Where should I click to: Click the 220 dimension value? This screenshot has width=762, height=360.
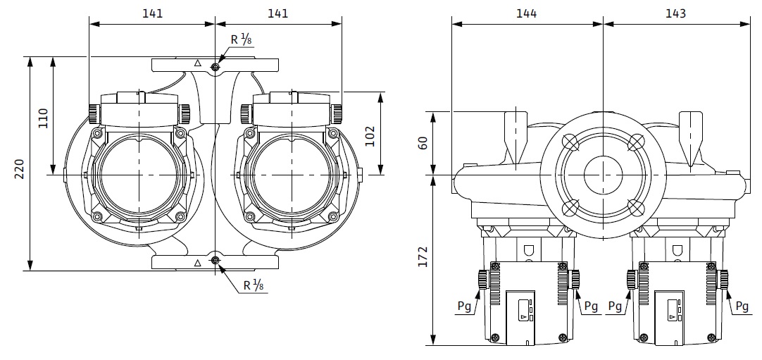tap(20, 169)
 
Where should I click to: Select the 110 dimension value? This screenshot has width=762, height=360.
tap(43, 117)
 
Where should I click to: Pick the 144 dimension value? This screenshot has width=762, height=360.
tap(526, 13)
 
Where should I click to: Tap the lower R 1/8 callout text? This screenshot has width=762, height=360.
tap(253, 285)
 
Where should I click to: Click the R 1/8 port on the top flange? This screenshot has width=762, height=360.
tap(215, 66)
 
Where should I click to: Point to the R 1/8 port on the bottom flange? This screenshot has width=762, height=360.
tap(215, 262)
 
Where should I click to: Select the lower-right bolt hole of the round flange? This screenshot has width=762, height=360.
tap(635, 206)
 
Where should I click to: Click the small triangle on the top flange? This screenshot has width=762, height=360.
tap(197, 64)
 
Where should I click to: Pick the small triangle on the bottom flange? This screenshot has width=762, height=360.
tap(197, 262)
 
